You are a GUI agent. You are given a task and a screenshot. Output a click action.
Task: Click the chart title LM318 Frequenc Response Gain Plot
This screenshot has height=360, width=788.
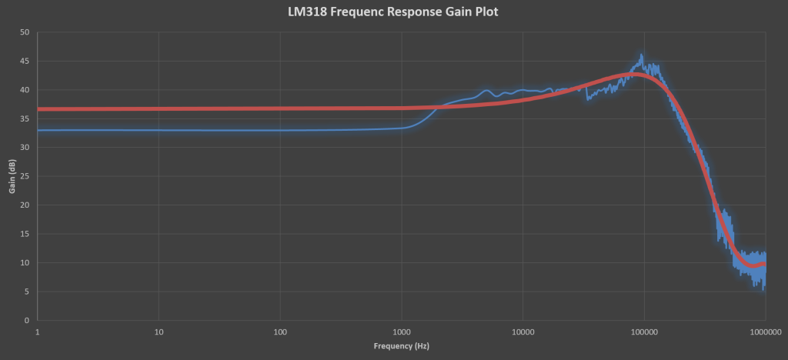point(394,12)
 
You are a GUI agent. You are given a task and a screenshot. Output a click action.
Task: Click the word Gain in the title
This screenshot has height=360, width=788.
point(462,12)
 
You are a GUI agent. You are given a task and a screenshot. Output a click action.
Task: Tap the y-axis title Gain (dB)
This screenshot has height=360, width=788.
point(12,176)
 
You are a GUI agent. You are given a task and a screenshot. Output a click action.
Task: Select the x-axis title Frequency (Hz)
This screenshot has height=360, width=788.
point(401,346)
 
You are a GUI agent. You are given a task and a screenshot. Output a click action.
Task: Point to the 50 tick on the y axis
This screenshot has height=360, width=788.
point(25,32)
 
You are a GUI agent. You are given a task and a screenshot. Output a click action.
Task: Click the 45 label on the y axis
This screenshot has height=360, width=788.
point(25,62)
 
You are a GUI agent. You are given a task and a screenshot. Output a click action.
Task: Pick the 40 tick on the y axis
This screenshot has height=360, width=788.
point(25,90)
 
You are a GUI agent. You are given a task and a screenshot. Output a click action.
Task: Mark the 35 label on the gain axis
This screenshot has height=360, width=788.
point(25,118)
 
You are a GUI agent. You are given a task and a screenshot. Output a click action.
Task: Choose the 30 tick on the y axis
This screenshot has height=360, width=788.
point(25,148)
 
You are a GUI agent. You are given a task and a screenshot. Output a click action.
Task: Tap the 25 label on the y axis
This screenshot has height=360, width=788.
point(25,176)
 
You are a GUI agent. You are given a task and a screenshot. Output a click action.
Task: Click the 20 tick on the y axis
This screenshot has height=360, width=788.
point(25,205)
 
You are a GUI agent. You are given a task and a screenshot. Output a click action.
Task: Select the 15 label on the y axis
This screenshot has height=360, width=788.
point(25,234)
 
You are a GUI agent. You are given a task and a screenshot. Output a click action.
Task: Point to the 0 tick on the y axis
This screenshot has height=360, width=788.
point(27,320)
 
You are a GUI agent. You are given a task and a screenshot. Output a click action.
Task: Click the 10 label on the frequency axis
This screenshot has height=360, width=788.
point(159,332)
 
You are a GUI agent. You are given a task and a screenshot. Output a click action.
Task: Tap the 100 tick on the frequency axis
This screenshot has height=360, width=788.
point(280,332)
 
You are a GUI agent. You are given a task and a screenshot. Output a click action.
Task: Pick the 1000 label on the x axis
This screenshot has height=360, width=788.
point(401,332)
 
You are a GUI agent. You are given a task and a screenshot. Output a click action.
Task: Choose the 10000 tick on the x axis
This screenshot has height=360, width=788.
point(523,332)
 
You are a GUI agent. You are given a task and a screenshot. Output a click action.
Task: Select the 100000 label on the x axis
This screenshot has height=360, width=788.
point(643,332)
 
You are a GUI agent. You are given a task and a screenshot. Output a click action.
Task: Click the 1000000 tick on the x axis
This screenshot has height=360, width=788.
point(764,332)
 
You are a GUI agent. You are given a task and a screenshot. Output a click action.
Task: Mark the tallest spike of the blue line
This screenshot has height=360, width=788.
point(642,55)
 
